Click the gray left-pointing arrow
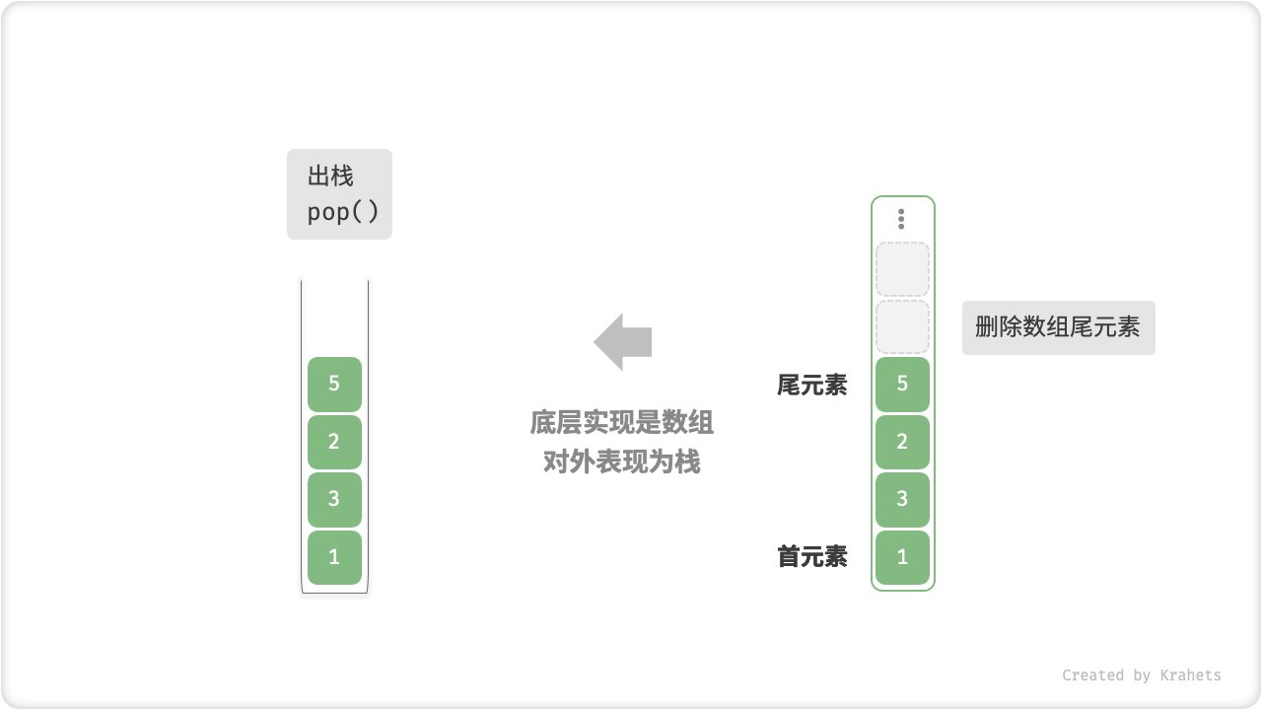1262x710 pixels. (x=622, y=342)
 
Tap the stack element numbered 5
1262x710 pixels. (x=334, y=384)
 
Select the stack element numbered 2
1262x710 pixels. (x=334, y=442)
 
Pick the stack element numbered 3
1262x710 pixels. (x=334, y=499)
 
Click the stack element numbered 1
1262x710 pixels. (x=334, y=557)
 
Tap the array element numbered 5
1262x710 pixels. (x=902, y=384)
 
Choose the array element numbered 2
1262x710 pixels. (x=902, y=442)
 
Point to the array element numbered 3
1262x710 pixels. (x=902, y=499)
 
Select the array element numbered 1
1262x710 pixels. (x=902, y=557)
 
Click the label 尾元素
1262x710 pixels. (x=812, y=385)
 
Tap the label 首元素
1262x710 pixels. (x=812, y=557)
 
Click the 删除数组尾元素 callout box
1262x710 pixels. (x=1058, y=327)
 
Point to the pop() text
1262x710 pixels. (x=342, y=212)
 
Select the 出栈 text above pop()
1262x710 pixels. (x=330, y=177)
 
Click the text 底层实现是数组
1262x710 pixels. (x=622, y=423)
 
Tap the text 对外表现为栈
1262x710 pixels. (x=622, y=461)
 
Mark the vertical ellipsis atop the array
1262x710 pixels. (x=901, y=219)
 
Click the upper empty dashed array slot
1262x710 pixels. (x=902, y=269)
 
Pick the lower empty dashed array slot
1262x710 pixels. (x=902, y=326)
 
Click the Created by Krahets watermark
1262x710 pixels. (x=1141, y=675)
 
